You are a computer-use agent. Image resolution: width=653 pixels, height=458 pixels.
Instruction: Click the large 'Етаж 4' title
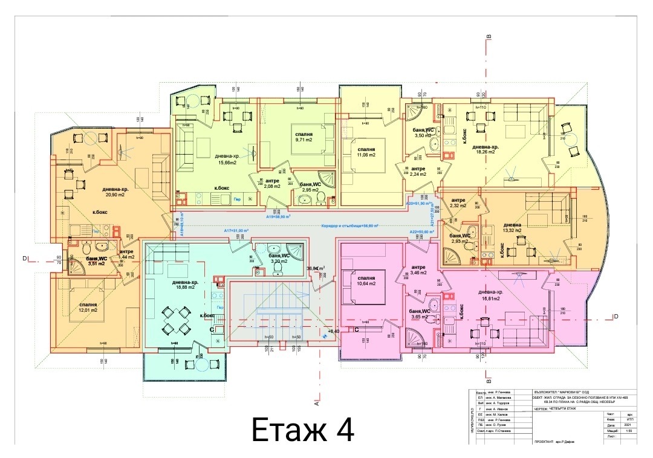click(302, 430)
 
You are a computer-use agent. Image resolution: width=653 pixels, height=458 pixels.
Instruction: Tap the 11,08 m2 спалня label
click(366, 152)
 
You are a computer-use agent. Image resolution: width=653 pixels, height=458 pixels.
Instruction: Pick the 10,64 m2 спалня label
click(365, 280)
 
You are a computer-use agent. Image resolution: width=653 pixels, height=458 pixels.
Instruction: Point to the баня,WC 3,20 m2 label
click(279, 259)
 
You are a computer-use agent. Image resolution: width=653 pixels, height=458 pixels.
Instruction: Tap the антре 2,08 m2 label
click(272, 183)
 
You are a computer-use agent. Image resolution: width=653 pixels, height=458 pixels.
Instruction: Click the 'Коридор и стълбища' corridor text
click(350, 225)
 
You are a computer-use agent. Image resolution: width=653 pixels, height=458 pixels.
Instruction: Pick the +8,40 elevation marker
click(333, 331)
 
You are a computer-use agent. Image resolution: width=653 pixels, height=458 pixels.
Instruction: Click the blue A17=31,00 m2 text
click(236, 231)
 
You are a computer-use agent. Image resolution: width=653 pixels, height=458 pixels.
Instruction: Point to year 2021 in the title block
click(614, 425)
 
